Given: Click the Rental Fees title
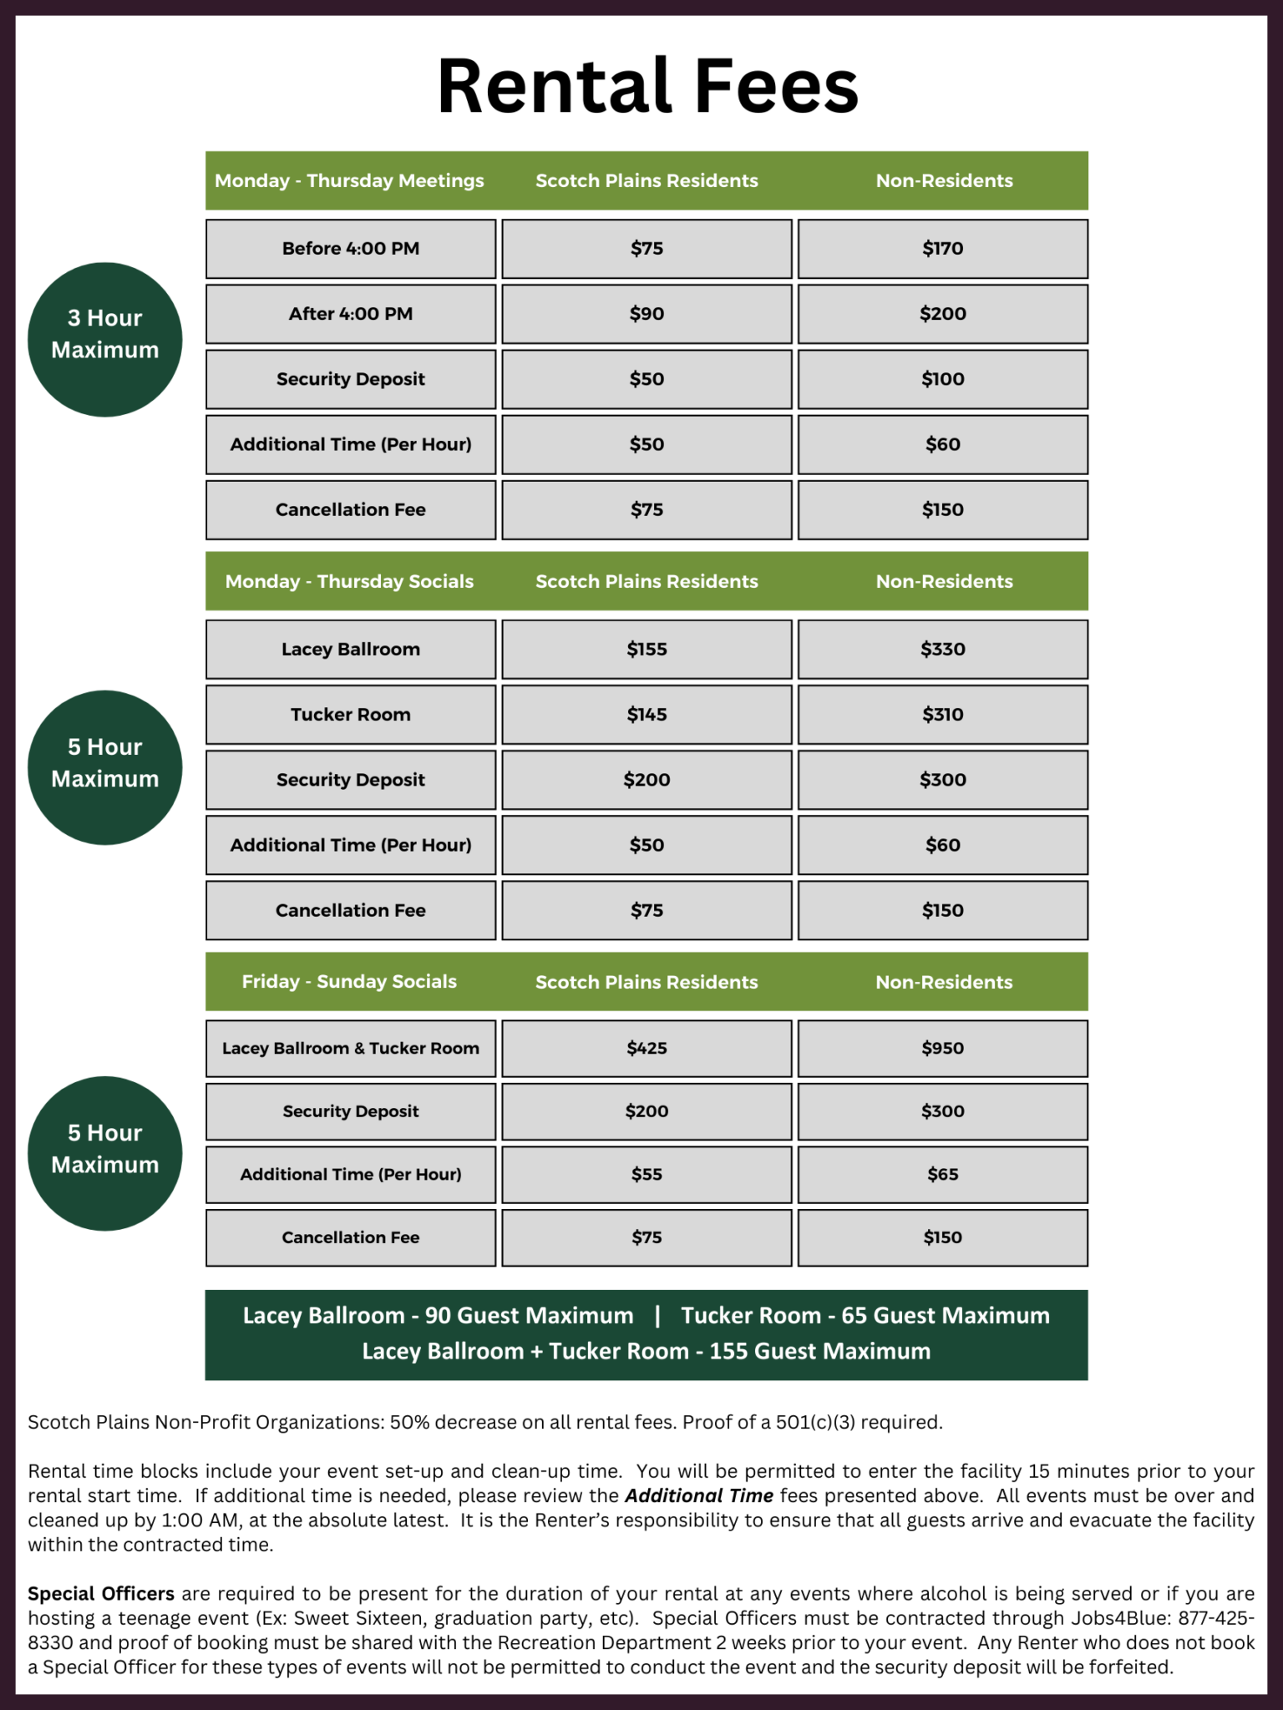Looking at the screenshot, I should click(x=647, y=86).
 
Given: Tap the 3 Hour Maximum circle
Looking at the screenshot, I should click(x=105, y=339).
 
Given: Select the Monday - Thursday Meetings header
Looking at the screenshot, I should click(x=349, y=180).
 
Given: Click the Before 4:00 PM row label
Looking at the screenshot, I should click(x=351, y=249).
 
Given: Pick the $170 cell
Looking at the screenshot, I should click(x=942, y=249).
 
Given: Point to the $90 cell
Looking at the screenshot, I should click(x=647, y=314).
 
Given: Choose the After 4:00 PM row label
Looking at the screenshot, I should click(x=351, y=314).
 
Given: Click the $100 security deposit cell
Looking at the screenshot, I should click(x=942, y=379).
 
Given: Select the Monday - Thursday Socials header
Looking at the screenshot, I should click(x=349, y=581).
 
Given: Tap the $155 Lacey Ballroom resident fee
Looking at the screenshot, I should click(x=647, y=650).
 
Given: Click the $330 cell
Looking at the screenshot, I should click(x=942, y=650).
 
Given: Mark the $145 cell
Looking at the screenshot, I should click(x=647, y=715).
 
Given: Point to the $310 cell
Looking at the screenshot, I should click(x=942, y=715).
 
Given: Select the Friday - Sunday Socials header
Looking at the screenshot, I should click(x=349, y=981).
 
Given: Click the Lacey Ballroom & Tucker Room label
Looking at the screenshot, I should click(x=351, y=1049).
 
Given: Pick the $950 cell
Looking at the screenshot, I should click(x=942, y=1049).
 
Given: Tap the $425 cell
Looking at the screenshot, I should click(x=647, y=1049).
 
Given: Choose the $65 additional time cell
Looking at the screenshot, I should click(x=942, y=1175).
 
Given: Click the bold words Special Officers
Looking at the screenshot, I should click(x=101, y=1594).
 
